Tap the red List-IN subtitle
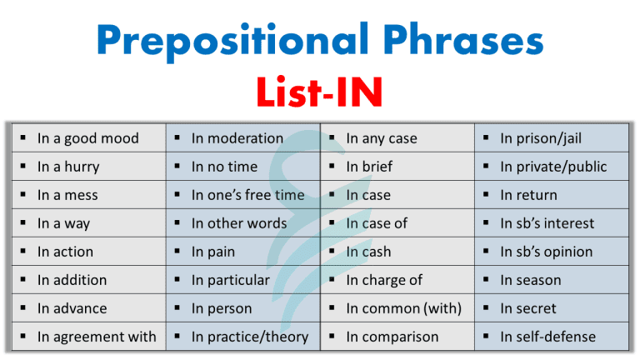click(x=321, y=92)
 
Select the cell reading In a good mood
click(x=87, y=138)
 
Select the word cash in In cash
click(x=376, y=252)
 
